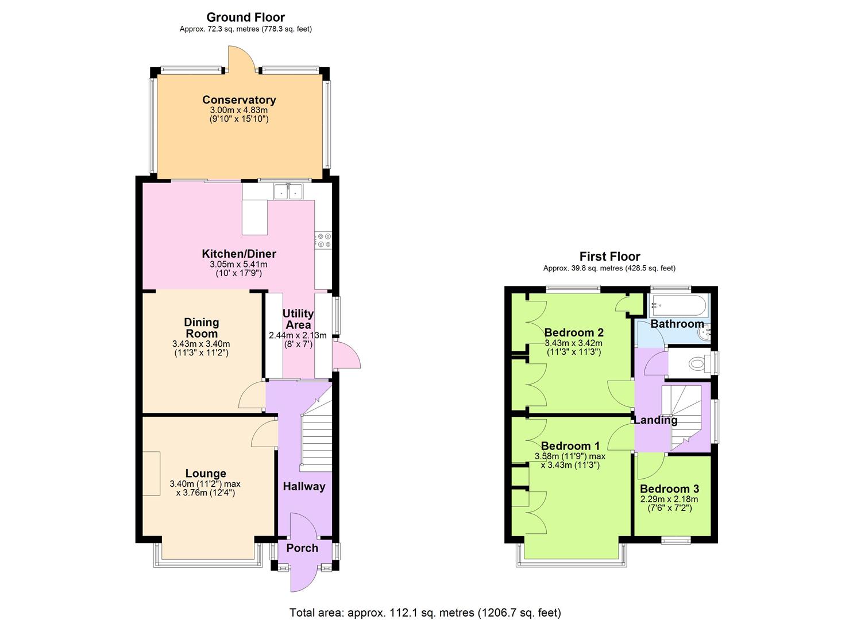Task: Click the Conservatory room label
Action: [x=239, y=100]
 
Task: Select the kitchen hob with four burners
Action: [x=323, y=241]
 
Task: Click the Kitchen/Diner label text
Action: [x=239, y=254]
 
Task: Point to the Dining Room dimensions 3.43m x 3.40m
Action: [x=201, y=344]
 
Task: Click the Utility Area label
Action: [x=298, y=319]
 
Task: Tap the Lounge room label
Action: [x=206, y=474]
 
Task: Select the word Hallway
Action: [x=304, y=487]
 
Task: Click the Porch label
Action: [x=302, y=548]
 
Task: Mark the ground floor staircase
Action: [x=317, y=436]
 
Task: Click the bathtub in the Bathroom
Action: [x=678, y=305]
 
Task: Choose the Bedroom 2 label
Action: [x=574, y=332]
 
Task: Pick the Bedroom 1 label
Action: [x=570, y=446]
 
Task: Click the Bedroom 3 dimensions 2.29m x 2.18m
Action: [x=669, y=499]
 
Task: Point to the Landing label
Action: [x=655, y=420]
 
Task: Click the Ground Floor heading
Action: [x=245, y=17]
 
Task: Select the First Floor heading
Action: [x=609, y=257]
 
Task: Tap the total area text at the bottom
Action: [x=425, y=613]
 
